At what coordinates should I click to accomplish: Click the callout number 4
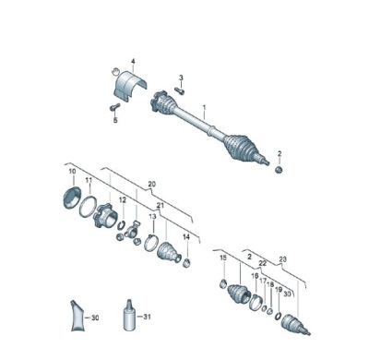pos(133,62)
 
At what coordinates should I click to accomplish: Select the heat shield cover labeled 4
pos(128,85)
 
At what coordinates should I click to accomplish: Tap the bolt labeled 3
pos(179,90)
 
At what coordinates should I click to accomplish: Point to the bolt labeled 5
pos(114,107)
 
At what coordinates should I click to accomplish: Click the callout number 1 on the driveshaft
pos(204,108)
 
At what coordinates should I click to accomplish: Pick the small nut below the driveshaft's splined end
pos(279,170)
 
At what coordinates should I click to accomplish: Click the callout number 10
pos(72,172)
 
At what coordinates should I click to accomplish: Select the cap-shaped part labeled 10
pos(72,198)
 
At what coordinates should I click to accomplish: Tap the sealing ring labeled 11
pos(88,207)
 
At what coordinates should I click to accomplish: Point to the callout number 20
pos(152,184)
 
